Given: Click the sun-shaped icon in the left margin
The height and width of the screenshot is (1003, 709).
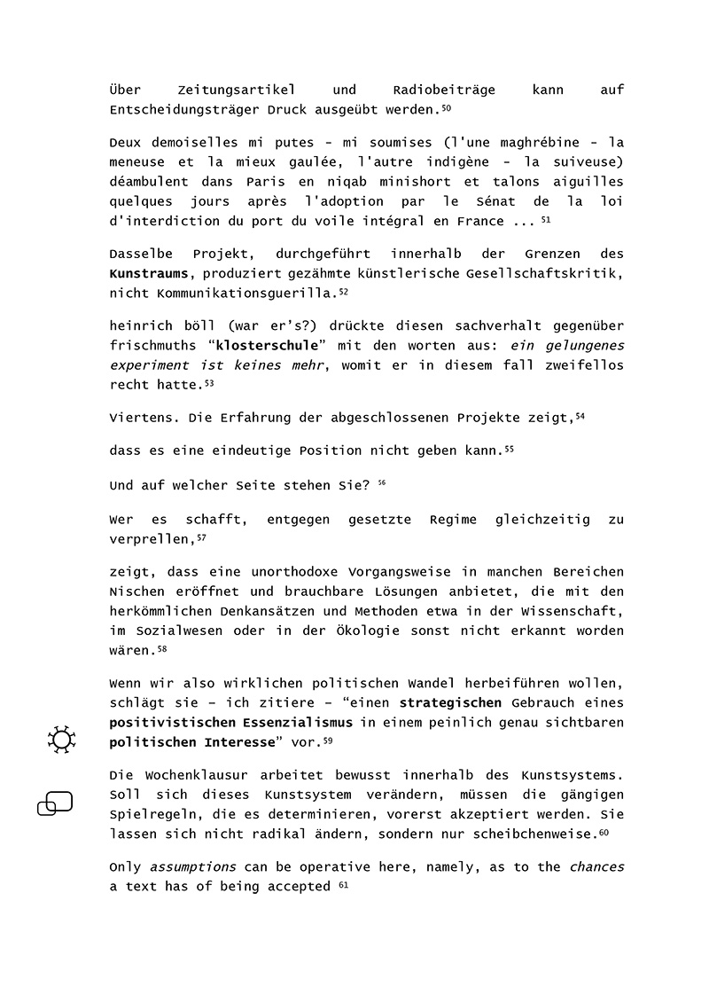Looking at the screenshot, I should coord(61,740).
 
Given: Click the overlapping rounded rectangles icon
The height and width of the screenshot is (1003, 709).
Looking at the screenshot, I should coord(55,803).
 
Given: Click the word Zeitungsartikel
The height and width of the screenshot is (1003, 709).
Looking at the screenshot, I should coord(228,90).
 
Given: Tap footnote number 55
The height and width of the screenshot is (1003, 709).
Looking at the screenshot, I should coord(509,450).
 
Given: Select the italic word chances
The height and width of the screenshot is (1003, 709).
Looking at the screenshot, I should coord(596,867).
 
